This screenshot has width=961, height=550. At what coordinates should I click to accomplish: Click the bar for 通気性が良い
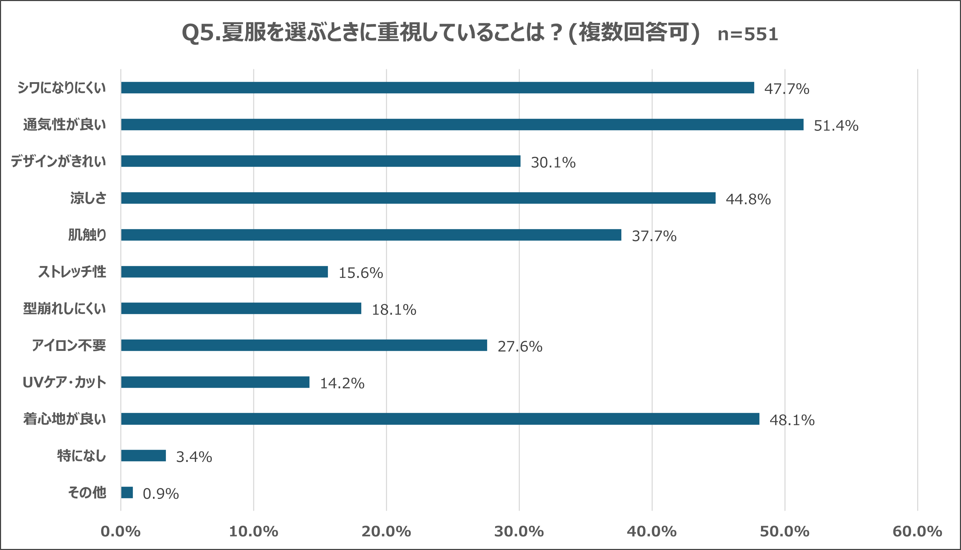click(462, 125)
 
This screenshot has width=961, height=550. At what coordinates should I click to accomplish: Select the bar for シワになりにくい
click(437, 88)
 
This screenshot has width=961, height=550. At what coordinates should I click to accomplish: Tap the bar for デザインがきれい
click(321, 161)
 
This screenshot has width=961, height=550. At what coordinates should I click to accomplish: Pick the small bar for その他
click(127, 493)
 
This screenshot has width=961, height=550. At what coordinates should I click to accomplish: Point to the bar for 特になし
click(143, 456)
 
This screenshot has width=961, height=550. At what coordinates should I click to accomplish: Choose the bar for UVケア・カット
click(215, 382)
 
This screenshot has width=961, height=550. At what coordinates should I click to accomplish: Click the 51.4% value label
click(836, 126)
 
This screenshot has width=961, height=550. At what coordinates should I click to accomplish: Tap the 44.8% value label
click(748, 199)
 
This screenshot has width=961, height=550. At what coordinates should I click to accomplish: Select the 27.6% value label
click(519, 347)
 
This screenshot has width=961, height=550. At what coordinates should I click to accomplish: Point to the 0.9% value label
click(161, 494)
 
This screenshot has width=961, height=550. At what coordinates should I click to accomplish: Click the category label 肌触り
click(87, 235)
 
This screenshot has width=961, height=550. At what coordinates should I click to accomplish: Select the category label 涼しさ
click(88, 198)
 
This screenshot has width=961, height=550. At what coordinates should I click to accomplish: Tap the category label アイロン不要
click(69, 345)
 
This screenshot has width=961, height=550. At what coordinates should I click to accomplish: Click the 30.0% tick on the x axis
click(519, 532)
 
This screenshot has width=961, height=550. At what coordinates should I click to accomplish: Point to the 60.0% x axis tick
click(917, 532)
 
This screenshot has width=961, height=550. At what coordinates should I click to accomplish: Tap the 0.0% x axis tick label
click(120, 532)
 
